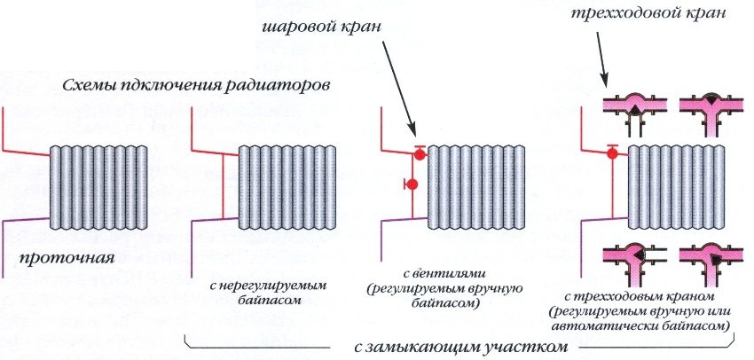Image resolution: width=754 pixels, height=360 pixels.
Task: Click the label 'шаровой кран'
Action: coord(322,27)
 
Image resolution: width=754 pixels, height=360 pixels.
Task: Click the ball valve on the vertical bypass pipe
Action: coord(411,185)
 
